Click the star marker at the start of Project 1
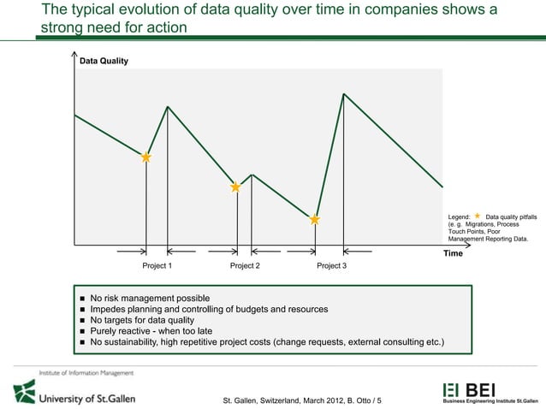[146, 157]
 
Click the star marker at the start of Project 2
[235, 187]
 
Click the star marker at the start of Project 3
[315, 220]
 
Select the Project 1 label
[157, 266]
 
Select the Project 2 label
[246, 266]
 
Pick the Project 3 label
[332, 266]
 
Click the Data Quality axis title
[104, 62]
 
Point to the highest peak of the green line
[343, 93]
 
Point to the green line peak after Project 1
[168, 107]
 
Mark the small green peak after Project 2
[252, 175]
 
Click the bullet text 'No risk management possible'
[150, 298]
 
